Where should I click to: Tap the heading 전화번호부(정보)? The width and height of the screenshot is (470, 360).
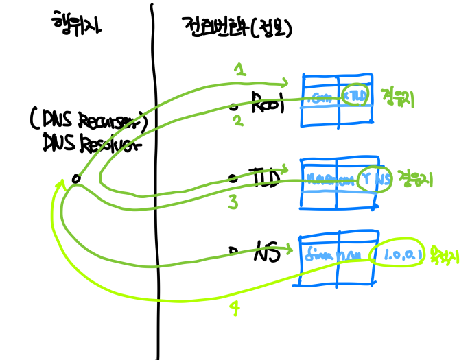[237, 27]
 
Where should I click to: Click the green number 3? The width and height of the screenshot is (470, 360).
[233, 202]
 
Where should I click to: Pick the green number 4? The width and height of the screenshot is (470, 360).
[235, 309]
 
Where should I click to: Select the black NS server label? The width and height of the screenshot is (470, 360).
[266, 252]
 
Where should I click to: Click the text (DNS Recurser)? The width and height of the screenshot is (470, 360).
[89, 121]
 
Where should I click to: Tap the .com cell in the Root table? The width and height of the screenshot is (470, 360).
[321, 97]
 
